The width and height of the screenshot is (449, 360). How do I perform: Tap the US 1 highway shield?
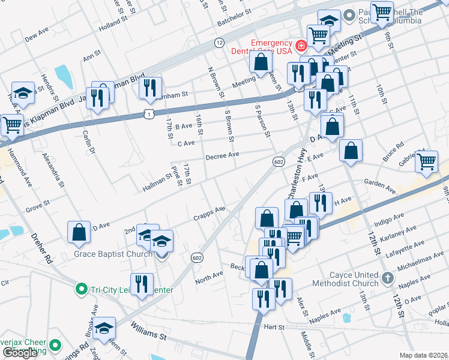(148, 113)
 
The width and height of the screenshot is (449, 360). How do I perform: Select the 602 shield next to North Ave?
(196, 257)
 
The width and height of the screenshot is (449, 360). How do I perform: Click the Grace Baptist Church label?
(113, 254)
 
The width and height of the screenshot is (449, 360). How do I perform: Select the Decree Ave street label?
(222, 155)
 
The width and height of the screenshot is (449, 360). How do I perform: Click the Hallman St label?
(157, 179)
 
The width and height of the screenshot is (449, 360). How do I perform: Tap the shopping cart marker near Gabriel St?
(426, 161)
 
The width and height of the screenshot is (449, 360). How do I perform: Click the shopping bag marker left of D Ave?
(79, 232)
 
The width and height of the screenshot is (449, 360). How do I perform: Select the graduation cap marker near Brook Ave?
(104, 328)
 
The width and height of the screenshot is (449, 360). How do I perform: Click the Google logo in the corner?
(19, 352)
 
